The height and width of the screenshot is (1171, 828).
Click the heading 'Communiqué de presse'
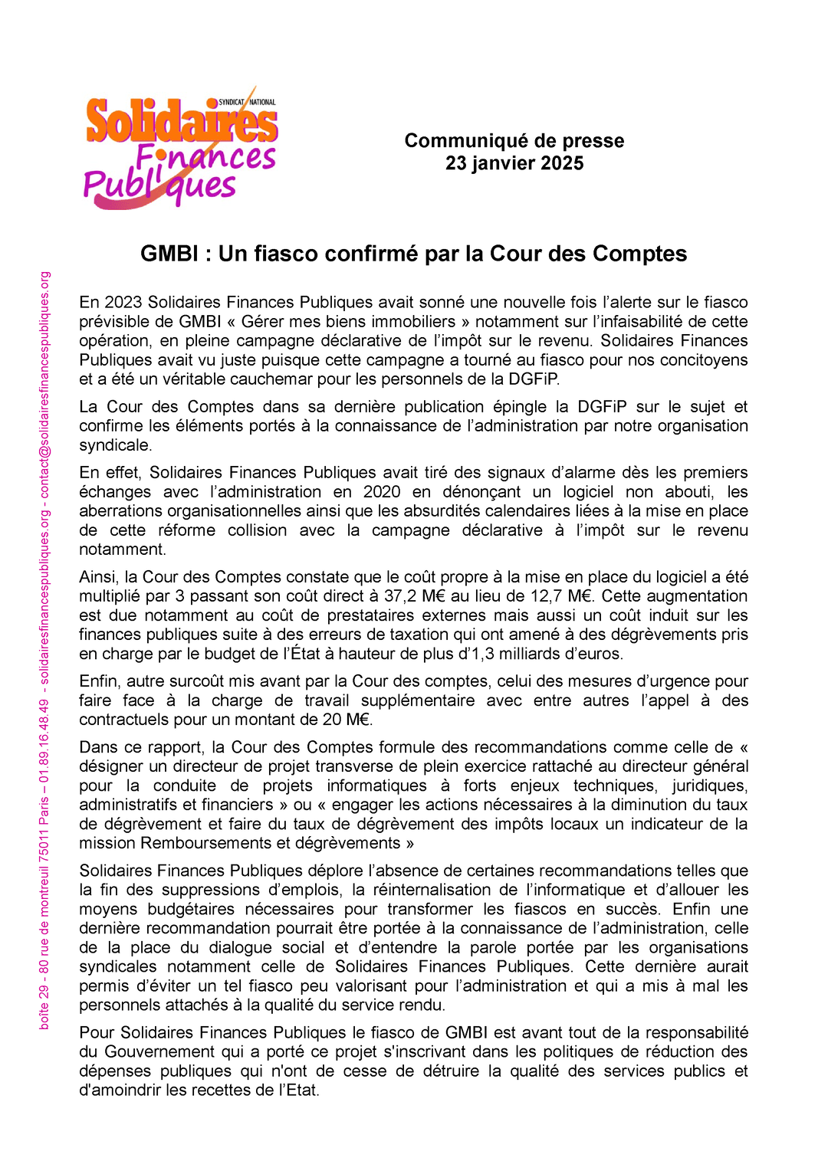514,141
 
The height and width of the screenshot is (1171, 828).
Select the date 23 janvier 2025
514,163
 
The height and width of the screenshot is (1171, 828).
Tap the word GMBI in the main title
170,254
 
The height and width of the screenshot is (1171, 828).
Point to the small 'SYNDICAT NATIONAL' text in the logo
247,102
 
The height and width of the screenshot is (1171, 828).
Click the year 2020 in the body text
382,492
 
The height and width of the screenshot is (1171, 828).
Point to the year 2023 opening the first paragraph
123,302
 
